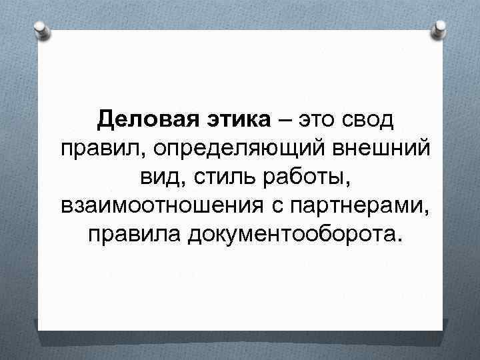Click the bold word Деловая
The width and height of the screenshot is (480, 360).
tap(137, 121)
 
